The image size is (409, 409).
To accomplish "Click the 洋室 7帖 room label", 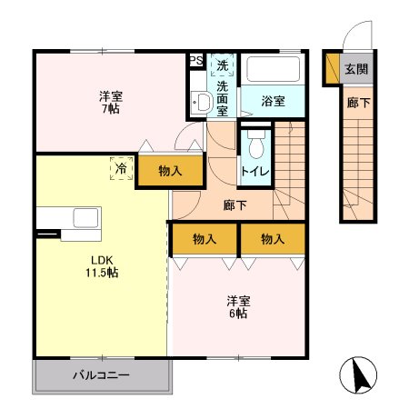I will [111, 102].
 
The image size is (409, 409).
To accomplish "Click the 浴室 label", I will [274, 101].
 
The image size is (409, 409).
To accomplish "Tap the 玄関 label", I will [357, 68].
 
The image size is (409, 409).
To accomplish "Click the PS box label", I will [195, 61].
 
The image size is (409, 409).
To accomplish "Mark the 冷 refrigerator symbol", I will [119, 167].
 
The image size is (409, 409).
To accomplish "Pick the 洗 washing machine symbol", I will [223, 65].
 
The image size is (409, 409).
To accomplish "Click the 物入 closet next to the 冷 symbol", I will [170, 170].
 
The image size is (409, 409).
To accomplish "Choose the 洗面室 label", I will [223, 95].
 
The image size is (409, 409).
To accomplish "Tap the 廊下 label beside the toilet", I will [235, 205].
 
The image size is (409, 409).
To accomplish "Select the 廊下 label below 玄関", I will [356, 103].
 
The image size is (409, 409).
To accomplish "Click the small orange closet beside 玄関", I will [332, 68].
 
